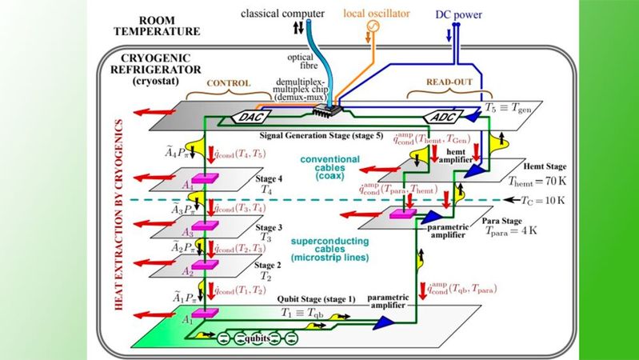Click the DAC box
pos(250,117)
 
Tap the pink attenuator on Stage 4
pos(206,178)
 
